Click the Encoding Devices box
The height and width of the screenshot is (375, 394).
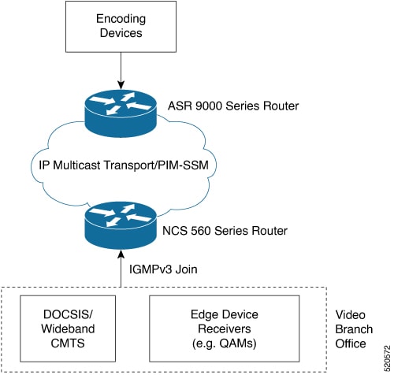point(121,27)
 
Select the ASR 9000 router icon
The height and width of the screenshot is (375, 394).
point(121,113)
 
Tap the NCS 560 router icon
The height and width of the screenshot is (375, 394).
point(121,225)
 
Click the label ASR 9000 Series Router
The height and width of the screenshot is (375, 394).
point(233,106)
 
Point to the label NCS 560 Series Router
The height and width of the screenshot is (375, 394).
point(225,231)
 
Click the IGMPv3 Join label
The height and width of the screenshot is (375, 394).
point(163,269)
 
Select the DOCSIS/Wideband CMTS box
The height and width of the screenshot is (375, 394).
point(68,329)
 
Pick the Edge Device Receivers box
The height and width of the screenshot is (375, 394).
point(225,329)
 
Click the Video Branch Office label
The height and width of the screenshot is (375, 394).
point(354,329)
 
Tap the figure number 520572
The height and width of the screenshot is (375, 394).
point(387,358)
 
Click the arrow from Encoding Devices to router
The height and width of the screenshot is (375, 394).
point(121,71)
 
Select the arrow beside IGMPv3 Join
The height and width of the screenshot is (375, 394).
point(121,269)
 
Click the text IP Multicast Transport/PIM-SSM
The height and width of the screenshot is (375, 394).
point(124,165)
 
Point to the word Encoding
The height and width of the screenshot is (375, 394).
point(121,19)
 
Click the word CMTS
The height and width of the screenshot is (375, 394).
point(68,343)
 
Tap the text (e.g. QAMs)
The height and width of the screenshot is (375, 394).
point(225,343)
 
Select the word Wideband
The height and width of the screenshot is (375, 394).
point(68,329)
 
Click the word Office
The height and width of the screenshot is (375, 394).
point(351,343)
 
